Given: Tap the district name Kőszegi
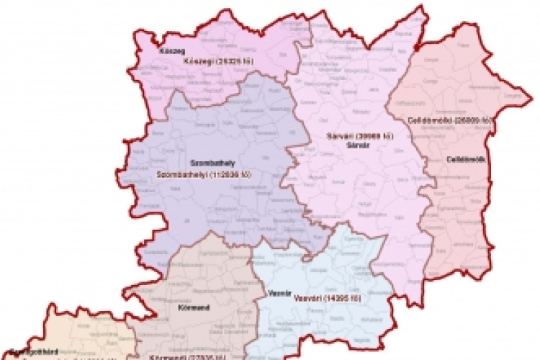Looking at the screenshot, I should point(198,61).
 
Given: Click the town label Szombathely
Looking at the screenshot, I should point(206,163).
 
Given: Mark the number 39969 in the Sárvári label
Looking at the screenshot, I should point(378,135).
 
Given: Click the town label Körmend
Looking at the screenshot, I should point(192,307).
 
